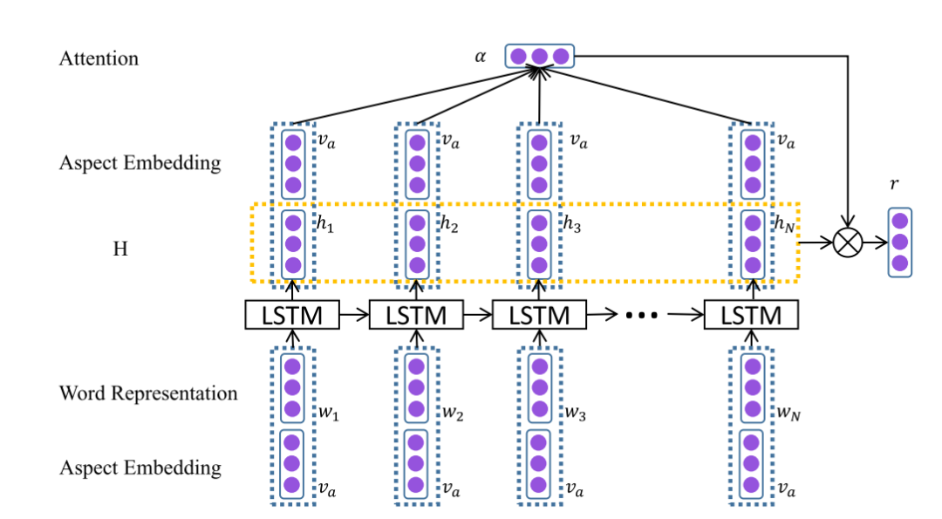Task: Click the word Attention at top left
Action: pos(99,58)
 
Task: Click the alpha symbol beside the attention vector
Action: pos(480,57)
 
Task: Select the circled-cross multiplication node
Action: pos(846,242)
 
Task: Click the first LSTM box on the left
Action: pos(291,315)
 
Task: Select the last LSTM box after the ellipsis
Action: pos(751,315)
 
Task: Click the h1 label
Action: pos(325,225)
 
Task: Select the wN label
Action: pos(788,413)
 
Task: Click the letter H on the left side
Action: pos(120,249)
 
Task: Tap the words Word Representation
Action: pos(148,393)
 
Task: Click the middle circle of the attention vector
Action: pos(540,57)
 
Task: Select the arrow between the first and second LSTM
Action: pos(354,316)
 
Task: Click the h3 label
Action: pos(572,225)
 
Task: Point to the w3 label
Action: pos(574,413)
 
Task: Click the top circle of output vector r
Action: pos(900,222)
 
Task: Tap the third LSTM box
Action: pos(539,315)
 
